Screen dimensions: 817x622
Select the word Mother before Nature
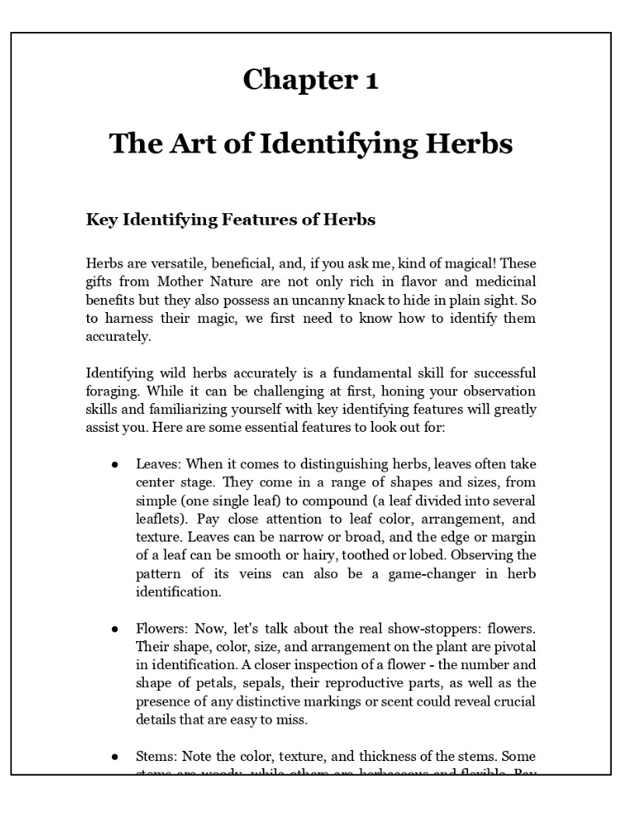184,282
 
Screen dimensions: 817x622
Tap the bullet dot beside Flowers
114,628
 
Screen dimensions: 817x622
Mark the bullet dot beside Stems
114,756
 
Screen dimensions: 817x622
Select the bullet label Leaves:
159,465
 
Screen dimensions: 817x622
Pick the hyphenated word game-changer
448,574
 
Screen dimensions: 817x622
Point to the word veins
292,574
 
